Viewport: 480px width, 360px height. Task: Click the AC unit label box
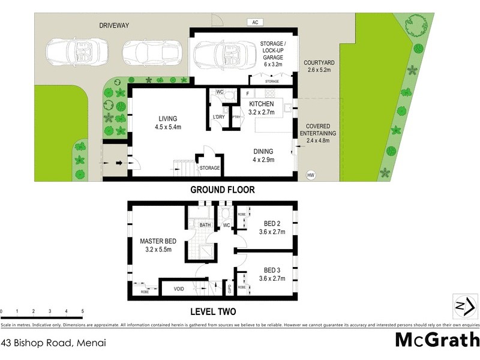255,22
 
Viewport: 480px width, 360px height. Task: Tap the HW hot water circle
311,175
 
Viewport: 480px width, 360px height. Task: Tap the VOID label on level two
179,289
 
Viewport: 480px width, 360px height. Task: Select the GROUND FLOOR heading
223,190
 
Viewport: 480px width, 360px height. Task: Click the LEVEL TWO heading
213,311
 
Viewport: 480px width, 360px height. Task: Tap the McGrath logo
437,340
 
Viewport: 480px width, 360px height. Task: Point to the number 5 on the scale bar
82,311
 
